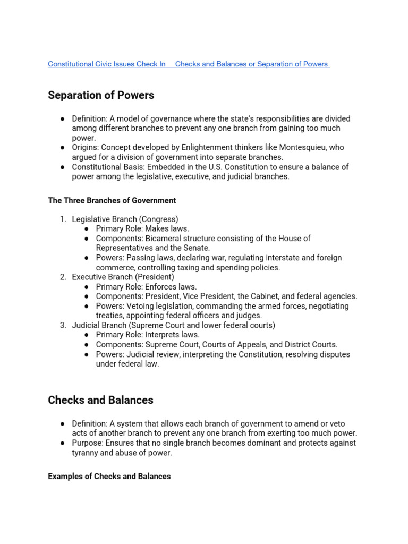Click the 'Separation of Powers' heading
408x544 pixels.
tap(101, 95)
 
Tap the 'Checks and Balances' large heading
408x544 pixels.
tap(100, 400)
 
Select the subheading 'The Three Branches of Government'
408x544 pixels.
tap(112, 200)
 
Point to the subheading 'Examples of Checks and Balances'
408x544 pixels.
tap(109, 476)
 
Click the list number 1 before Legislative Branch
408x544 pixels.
tap(62, 219)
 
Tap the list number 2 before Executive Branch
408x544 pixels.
tap(62, 277)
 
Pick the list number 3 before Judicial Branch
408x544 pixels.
tap(62, 325)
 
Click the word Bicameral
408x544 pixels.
tap(163, 239)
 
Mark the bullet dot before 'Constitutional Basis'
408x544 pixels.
tap(62, 167)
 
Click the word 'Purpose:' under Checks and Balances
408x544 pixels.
tap(88, 443)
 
